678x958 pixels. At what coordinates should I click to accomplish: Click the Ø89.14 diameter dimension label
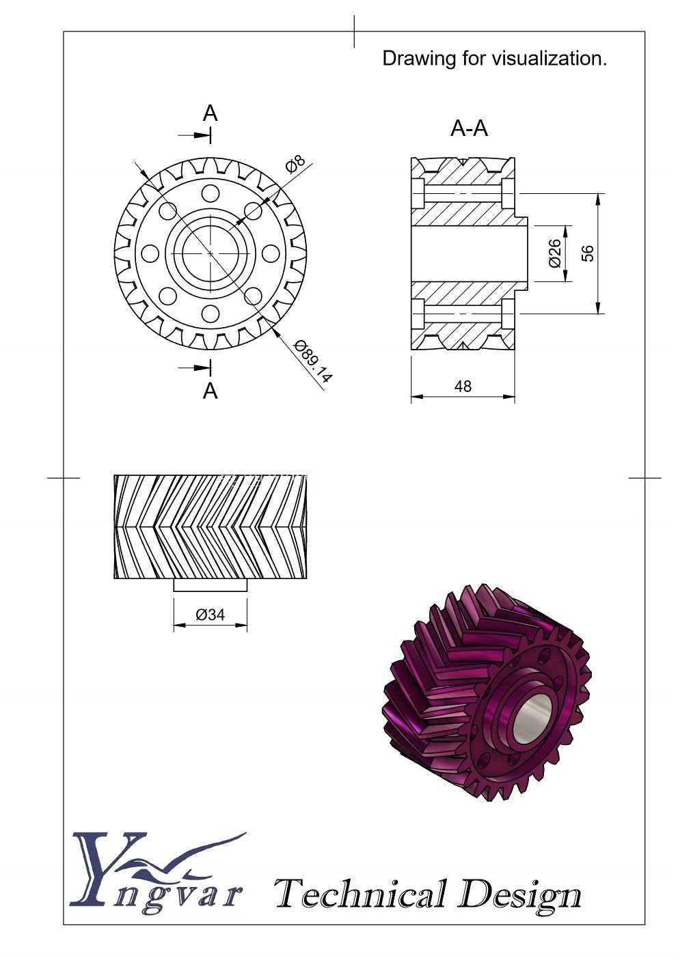[313, 361]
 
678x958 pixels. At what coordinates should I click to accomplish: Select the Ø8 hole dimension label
[295, 164]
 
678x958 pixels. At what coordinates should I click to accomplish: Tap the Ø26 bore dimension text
[554, 253]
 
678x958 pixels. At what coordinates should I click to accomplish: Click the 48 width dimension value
[463, 386]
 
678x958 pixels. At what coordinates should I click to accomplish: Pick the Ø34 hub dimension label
[210, 615]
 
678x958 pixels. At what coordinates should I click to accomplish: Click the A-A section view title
[469, 128]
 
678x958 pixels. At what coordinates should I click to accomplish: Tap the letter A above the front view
[210, 113]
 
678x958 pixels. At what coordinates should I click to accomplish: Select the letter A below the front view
[210, 391]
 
